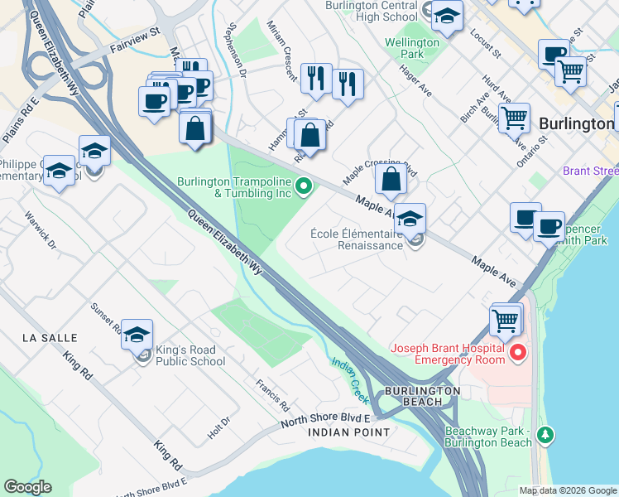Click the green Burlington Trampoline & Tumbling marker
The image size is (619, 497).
click(304, 186)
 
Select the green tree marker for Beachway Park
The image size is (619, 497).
click(545, 435)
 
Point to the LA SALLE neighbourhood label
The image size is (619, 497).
click(50, 338)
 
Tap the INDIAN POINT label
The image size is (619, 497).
click(348, 432)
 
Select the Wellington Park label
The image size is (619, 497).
click(411, 49)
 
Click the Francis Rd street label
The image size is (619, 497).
click(271, 395)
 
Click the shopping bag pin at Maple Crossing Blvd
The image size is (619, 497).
click(390, 178)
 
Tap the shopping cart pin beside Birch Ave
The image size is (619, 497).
click(514, 118)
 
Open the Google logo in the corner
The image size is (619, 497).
click(27, 487)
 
